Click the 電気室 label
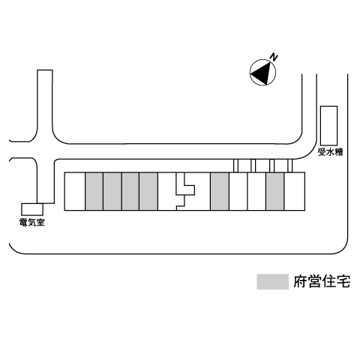pos(32,222)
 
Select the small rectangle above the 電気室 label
pos(32,209)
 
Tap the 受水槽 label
pos(330,151)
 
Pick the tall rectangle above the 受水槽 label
pos(329,125)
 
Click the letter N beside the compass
pos(274,58)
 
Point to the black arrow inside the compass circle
pos(262,73)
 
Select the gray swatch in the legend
pos(272,282)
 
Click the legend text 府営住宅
pos(322,282)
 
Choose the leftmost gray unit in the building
pos(94,191)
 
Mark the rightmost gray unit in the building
pos(275,191)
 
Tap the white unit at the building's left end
pos(75,191)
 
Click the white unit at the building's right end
pos(295,191)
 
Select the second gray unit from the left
pos(112,191)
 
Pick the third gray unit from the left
pos(130,191)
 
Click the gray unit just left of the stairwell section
pos(148,191)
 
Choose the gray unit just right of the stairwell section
pos(220,191)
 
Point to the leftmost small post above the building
pos(235,166)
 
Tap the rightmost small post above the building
pos(290,166)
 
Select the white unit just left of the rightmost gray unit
pos(256,191)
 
